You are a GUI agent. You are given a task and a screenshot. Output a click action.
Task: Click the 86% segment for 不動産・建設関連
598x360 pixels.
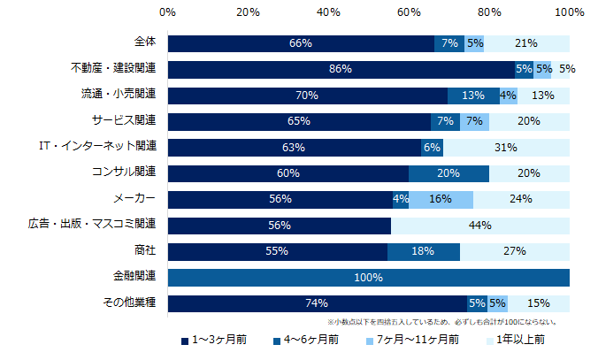click(x=341, y=69)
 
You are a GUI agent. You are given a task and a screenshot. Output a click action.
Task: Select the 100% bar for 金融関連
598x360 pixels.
click(x=368, y=278)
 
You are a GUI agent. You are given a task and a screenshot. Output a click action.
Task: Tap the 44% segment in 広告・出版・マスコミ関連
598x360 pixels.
click(x=479, y=226)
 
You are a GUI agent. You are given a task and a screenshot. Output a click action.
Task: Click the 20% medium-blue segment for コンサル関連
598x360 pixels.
click(x=448, y=173)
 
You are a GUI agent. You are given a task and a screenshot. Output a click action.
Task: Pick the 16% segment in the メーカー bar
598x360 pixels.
click(x=441, y=199)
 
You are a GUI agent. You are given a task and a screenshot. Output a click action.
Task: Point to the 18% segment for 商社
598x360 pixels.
click(x=423, y=251)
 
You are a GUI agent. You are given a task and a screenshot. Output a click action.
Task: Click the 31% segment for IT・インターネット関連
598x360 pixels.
click(x=506, y=148)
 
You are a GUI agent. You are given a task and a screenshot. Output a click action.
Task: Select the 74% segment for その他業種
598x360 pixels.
click(x=317, y=303)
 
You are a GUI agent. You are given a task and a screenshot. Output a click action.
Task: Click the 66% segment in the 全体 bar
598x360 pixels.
click(x=301, y=43)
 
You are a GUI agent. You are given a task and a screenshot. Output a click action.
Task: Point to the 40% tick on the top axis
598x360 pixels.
click(x=328, y=12)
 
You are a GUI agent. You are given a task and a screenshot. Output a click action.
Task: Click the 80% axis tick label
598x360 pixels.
click(x=489, y=12)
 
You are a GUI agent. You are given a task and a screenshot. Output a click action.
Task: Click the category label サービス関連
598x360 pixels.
click(x=124, y=121)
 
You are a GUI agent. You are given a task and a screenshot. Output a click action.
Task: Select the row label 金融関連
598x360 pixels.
click(x=133, y=278)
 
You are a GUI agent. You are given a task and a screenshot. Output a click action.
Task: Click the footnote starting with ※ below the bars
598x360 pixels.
click(x=441, y=322)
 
